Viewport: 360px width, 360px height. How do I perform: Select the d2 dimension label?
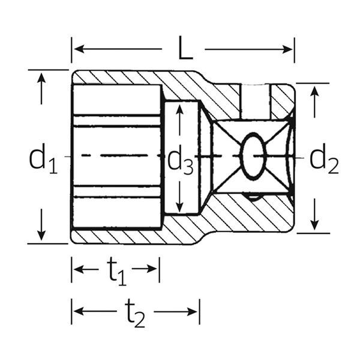coord(324,159)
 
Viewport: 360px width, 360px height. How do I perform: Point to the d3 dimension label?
coord(180,161)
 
